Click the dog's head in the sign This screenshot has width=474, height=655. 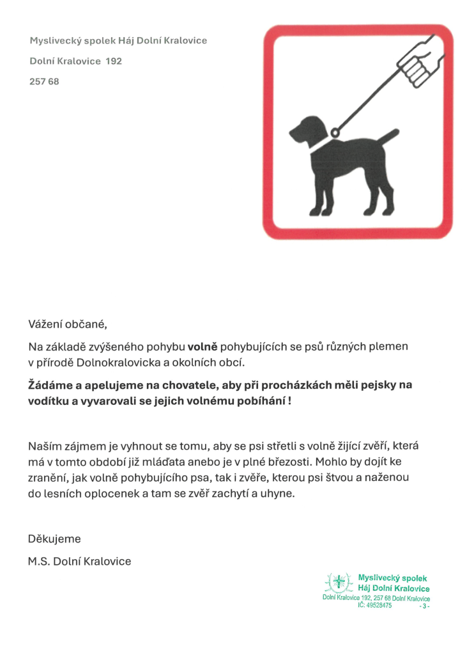pos(305,130)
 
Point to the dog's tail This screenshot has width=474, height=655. pos(388,136)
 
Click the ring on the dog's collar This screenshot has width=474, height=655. pos(334,132)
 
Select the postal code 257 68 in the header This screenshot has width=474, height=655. pos(44,81)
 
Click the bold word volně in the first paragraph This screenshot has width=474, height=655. pos(203,347)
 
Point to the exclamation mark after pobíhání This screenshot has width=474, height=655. pos(289,401)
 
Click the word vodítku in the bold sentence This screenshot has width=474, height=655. pos(48,401)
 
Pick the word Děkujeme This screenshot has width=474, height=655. pos(54,539)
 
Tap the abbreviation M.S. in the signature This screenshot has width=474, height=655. pos(40,561)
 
